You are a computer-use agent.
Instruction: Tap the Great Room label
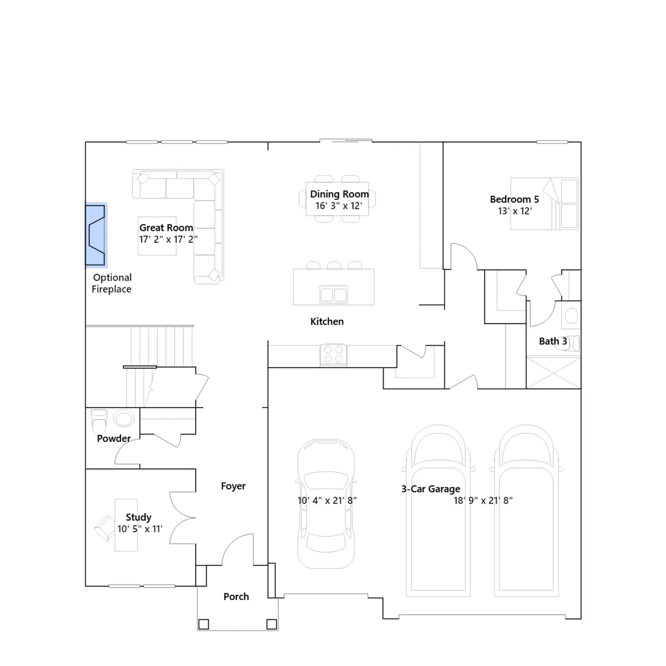166,228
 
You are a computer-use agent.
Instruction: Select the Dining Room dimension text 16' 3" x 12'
338,206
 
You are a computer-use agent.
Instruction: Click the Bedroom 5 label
514,199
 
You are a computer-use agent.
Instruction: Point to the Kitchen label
327,321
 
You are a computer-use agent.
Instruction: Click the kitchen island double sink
333,295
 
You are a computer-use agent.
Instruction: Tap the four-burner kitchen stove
333,355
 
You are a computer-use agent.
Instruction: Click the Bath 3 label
553,341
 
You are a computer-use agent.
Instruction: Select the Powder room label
114,438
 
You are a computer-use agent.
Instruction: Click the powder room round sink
124,418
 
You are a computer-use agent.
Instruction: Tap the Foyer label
233,486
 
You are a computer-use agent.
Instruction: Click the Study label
138,517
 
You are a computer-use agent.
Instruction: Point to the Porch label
236,596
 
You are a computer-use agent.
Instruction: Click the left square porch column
204,624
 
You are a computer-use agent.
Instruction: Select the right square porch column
271,624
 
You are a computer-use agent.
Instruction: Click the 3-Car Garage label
431,489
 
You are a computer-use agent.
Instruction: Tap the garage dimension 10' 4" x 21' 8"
327,500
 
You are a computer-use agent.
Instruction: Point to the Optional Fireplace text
112,283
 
